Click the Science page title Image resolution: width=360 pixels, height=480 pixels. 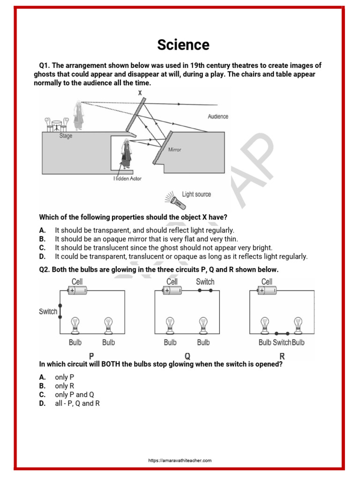pyautogui.click(x=183, y=45)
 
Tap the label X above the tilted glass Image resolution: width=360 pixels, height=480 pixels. pyautogui.click(x=140, y=93)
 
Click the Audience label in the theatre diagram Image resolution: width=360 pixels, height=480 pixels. pyautogui.click(x=218, y=116)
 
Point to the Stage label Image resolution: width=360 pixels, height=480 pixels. pyautogui.click(x=66, y=136)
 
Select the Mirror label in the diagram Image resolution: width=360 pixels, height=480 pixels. pyautogui.click(x=174, y=150)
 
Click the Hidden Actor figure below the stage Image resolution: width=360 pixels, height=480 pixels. pyautogui.click(x=126, y=154)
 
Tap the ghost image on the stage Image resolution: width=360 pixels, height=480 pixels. pyautogui.click(x=78, y=115)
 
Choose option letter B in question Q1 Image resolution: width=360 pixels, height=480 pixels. pyautogui.click(x=43, y=239)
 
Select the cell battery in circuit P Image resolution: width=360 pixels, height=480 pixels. pyautogui.click(x=77, y=291)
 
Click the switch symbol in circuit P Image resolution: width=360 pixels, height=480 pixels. pyautogui.click(x=60, y=311)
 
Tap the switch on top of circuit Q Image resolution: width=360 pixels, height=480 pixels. pyautogui.click(x=204, y=291)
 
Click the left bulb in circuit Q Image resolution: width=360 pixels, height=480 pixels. pyautogui.click(x=170, y=324)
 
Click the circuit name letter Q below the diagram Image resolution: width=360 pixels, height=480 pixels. pyautogui.click(x=187, y=356)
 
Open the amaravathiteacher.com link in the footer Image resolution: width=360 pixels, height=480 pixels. pyautogui.click(x=180, y=461)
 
